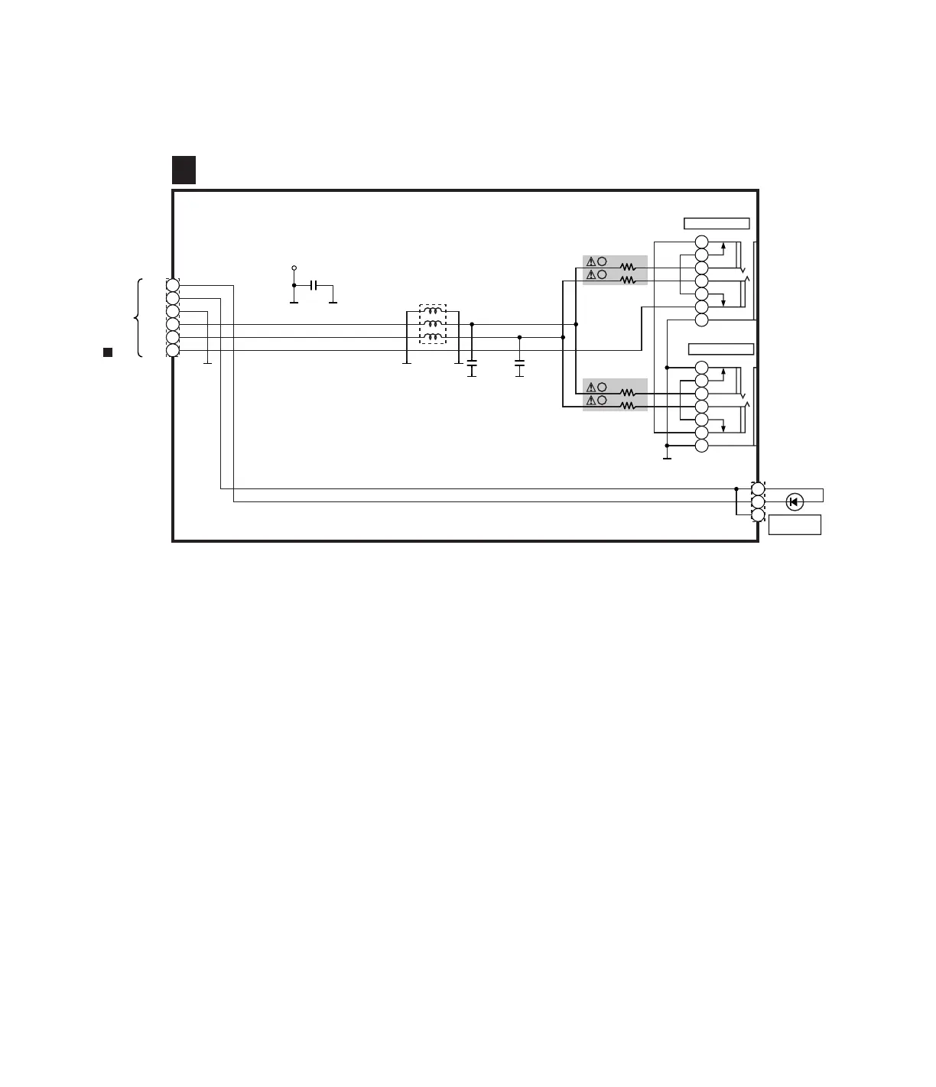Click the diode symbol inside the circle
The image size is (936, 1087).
795,501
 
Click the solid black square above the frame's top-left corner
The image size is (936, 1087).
184,170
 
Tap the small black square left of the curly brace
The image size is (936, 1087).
108,352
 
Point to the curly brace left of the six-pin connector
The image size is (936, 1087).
138,317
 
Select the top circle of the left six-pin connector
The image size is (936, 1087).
173,285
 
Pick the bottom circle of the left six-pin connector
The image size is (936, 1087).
173,350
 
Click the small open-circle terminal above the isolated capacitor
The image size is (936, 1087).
294,268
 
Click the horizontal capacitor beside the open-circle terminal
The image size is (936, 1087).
314,285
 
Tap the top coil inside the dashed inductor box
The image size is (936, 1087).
434,311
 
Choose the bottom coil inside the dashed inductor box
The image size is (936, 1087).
434,337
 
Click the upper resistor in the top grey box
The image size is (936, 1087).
628,268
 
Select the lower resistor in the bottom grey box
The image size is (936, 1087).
628,406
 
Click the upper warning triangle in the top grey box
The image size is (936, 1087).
590,261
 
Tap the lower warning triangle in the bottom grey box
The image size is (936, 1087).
590,401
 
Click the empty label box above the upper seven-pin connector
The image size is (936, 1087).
716,223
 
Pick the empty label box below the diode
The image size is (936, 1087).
795,524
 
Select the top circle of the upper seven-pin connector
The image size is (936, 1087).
702,242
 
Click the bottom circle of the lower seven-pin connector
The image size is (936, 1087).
702,445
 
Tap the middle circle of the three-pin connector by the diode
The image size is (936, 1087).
758,501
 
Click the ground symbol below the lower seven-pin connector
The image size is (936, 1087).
667,458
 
